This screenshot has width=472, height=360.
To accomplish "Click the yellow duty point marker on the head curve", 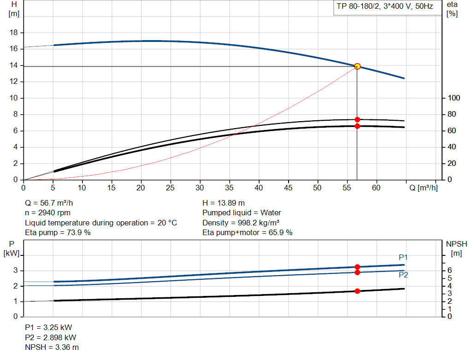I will (x=357, y=66).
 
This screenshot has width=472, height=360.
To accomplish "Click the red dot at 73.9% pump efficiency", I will (x=357, y=119).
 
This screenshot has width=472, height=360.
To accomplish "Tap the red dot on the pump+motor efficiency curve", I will (x=357, y=126).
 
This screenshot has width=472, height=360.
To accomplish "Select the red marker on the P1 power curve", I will (x=357, y=267).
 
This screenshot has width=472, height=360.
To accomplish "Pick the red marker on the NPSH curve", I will (x=357, y=291).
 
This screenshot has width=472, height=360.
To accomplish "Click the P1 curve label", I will (x=403, y=257).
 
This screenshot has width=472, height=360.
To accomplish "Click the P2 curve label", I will (x=403, y=275).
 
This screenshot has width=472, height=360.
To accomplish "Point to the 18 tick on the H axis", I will (x=14, y=33).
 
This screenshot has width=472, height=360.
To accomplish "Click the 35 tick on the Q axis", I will (x=230, y=188).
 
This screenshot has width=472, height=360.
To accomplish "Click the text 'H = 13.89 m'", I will (x=224, y=203).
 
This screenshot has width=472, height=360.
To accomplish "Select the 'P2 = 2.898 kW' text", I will (x=51, y=337).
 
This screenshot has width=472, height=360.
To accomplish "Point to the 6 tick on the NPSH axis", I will (x=449, y=270).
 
